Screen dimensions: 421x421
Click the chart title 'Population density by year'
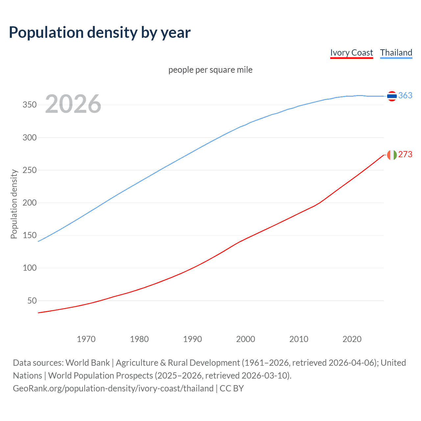point(100,33)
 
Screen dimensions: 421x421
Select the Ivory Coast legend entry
point(352,53)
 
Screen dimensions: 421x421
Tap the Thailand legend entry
point(396,53)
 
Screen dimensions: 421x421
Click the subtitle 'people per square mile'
point(210,70)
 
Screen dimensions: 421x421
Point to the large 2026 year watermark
point(73,104)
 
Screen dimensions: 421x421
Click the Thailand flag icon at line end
point(392,96)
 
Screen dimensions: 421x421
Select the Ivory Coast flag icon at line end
point(392,155)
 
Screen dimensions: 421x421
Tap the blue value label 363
point(405,95)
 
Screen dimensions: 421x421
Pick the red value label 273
point(405,154)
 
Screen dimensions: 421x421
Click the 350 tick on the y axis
point(30,105)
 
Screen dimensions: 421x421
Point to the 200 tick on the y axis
point(30,203)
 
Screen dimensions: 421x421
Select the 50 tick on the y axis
point(32,301)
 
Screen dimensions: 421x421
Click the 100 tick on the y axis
point(30,268)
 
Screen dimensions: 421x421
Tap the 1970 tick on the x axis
point(86,339)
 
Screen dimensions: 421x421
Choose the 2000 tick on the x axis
point(246,339)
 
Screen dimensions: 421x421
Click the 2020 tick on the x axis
point(352,339)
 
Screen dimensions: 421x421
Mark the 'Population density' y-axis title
point(14,204)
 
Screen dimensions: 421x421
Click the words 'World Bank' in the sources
point(87,363)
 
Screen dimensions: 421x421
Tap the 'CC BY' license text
point(232,388)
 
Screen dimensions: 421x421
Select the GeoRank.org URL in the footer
point(113,388)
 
